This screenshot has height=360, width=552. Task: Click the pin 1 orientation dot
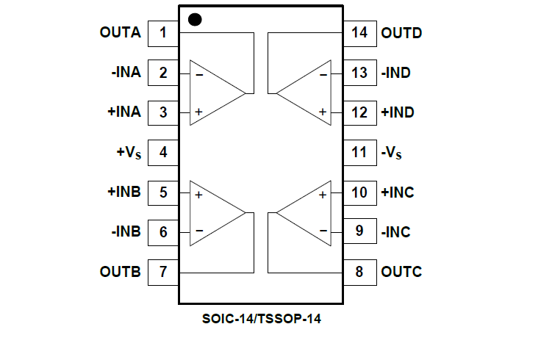[x=195, y=19]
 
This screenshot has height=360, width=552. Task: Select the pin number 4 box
[x=163, y=153]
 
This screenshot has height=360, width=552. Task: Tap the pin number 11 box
[x=360, y=153]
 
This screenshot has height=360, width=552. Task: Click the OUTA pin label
[x=120, y=32]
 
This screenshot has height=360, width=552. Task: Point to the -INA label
[x=126, y=73]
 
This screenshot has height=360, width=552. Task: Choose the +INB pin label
[x=123, y=192]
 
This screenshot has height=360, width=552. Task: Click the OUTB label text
[x=120, y=272]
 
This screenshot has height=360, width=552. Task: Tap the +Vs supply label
[x=128, y=153]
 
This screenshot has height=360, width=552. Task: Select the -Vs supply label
[x=392, y=153]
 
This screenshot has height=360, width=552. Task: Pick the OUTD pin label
[x=401, y=32]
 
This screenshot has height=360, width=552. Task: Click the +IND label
[x=398, y=112]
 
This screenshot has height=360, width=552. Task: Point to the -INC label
[x=396, y=232]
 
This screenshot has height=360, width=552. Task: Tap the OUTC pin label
[x=401, y=272]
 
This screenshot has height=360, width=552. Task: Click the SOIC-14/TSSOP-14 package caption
[x=261, y=320]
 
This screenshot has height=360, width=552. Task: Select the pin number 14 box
[x=360, y=32]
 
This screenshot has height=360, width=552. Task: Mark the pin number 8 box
[x=360, y=272]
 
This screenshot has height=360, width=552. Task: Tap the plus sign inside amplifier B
[x=198, y=195]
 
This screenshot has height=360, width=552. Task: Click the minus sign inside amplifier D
[x=323, y=73]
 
